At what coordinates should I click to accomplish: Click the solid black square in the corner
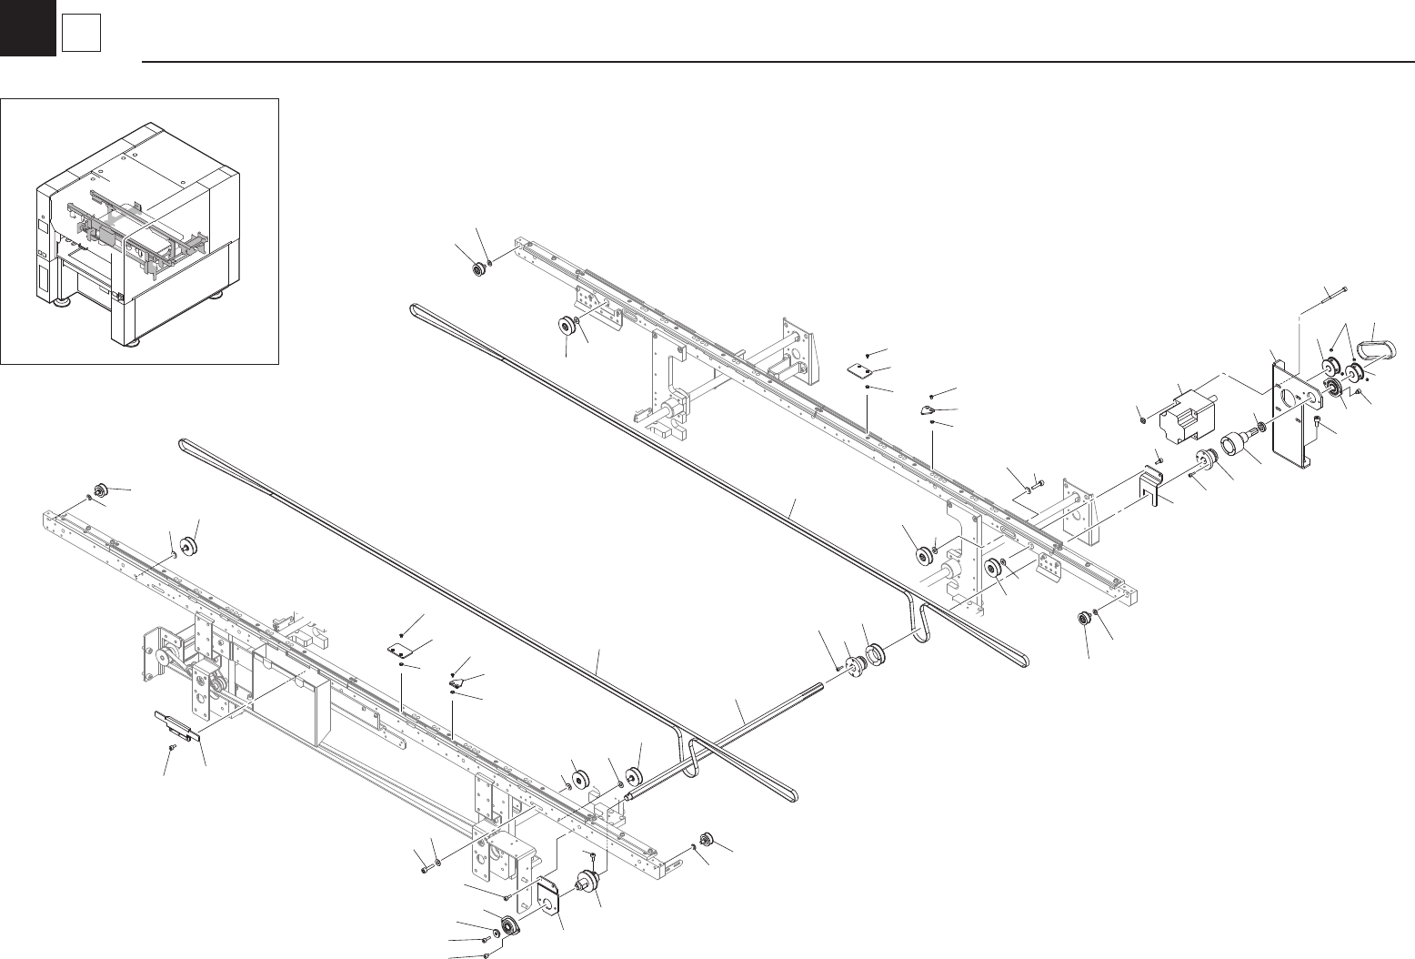pyautogui.click(x=27, y=27)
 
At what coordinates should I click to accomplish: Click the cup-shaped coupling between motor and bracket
pyautogui.click(x=1233, y=445)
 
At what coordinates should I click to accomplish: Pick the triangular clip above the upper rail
pyautogui.click(x=928, y=410)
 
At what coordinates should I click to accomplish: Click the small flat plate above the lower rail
pyautogui.click(x=396, y=649)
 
